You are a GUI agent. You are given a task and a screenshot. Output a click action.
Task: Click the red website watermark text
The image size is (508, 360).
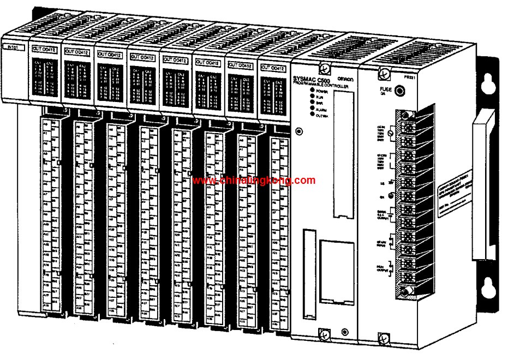pos(254,181)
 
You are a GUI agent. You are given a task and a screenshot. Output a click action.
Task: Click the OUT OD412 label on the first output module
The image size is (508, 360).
pos(45,50)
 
